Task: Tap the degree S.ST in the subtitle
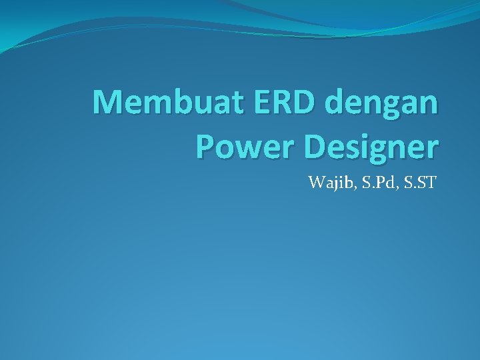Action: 418,182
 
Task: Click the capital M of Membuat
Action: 106,103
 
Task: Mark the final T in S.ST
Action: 429,182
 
